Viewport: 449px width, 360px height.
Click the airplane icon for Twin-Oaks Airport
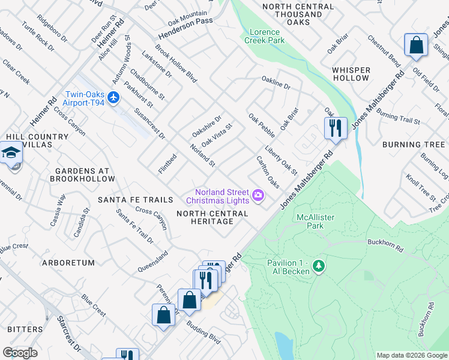coord(115,97)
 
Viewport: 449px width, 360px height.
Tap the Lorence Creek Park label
coord(264,36)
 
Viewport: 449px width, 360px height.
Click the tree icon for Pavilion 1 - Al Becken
coord(319,265)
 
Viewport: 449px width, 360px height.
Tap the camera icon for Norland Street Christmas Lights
coord(259,194)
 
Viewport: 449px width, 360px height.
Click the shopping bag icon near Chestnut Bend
coord(415,46)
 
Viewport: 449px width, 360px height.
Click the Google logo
coord(20,353)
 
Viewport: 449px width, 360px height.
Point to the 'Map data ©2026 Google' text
coord(412,355)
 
